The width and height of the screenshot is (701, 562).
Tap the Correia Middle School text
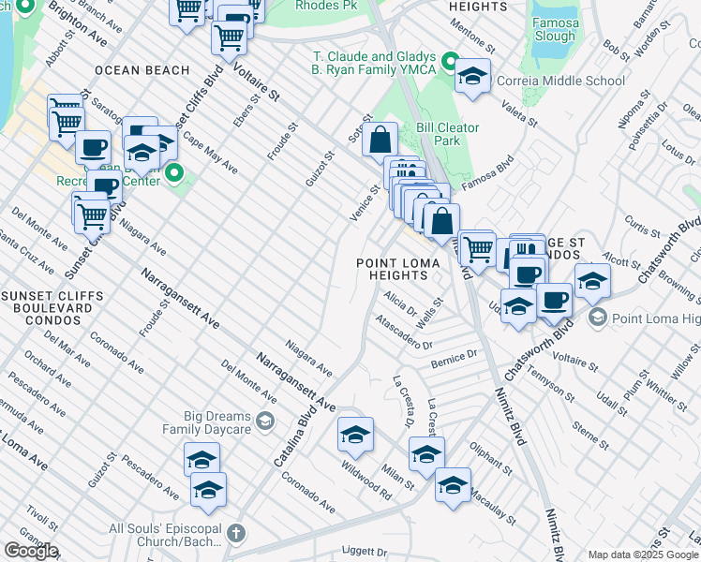[x=559, y=81]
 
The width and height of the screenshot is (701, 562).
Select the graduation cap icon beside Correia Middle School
[x=473, y=77]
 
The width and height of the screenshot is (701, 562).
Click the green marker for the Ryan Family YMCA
[x=450, y=64]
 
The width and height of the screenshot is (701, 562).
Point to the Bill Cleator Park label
[x=448, y=134]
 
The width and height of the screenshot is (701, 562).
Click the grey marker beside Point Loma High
[x=597, y=319]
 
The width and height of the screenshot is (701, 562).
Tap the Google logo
[x=31, y=551]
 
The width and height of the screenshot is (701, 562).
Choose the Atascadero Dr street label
[x=404, y=333]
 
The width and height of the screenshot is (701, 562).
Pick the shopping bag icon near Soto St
[x=380, y=140]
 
